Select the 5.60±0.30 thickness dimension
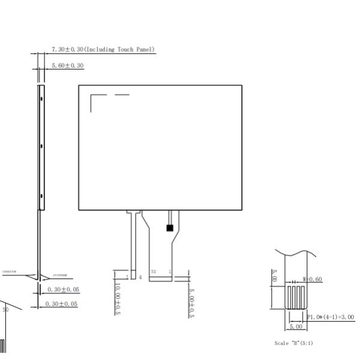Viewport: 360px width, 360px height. pos(68,65)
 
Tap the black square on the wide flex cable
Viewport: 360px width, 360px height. pos(170,228)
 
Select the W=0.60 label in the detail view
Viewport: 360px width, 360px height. pos(313,279)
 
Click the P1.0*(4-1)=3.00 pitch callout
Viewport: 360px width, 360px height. pos(330,317)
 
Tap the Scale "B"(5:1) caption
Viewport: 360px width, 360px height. pos(293,343)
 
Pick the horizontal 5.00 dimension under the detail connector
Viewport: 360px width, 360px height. pos(296,327)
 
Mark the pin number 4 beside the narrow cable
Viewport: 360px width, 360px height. pos(140,277)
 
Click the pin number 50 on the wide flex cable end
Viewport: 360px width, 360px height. pos(154,272)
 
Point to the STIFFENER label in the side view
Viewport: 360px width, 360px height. pos(60,275)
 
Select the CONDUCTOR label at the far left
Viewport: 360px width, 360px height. pos(9,272)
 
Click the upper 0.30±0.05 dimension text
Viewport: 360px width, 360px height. pos(63,290)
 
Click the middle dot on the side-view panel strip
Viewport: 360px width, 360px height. pos(41,146)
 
